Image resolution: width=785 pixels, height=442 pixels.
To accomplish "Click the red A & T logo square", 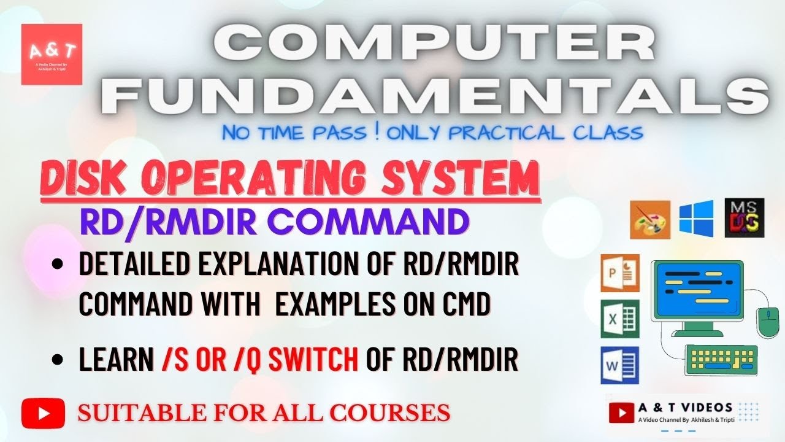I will (52, 54).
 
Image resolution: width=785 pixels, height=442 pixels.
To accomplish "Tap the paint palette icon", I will (649, 219).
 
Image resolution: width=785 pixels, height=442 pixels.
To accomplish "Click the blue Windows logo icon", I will (696, 218).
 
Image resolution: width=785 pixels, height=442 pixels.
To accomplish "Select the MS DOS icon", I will (744, 218).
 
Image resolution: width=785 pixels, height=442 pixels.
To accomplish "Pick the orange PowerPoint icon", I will (619, 273).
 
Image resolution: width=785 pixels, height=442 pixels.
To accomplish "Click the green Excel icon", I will (619, 319).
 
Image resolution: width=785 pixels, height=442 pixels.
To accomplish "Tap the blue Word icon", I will (619, 365).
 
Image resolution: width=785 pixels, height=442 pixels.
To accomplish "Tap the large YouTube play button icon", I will (42, 412).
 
